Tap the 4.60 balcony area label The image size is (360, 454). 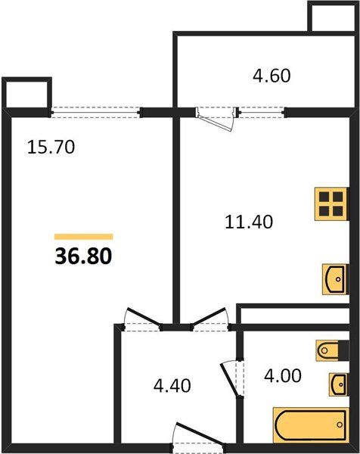pos(270,76)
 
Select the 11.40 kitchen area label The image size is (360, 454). pos(249,222)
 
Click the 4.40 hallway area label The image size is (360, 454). pos(172,385)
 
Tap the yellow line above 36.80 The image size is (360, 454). pos(83,237)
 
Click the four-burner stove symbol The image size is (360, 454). pos(331,202)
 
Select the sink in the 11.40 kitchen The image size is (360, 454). pos(334,278)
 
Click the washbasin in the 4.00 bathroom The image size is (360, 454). pos(335,384)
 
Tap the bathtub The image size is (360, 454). pos(309,427)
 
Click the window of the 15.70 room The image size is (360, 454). pos(96,112)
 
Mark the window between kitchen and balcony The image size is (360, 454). pos(262,112)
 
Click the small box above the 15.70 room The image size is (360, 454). pos(27,94)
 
